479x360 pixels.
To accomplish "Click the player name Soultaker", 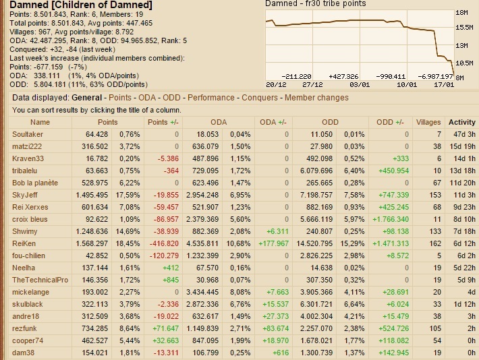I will (x=28, y=134).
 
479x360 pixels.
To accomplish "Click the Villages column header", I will (x=428, y=122).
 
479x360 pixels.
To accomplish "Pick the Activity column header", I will (x=462, y=122).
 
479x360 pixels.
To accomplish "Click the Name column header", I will (x=40, y=122).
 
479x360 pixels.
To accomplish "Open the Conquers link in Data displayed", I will (x=260, y=98).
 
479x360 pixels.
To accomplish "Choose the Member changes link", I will (x=316, y=98).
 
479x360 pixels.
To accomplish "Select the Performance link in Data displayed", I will (x=211, y=98).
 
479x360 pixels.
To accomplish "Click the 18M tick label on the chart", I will (x=462, y=13).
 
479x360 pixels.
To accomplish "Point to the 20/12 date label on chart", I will (x=276, y=84).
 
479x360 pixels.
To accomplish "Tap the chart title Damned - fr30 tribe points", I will (x=315, y=4).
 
